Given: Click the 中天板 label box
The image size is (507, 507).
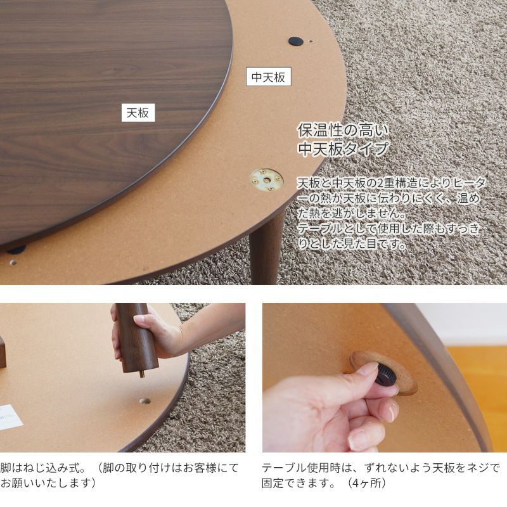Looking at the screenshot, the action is (x=268, y=77).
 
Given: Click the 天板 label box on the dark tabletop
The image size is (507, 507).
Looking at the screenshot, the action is (x=138, y=113).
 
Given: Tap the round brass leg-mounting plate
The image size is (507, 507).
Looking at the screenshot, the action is (x=267, y=179).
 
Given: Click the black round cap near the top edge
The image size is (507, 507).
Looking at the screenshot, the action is (x=295, y=41).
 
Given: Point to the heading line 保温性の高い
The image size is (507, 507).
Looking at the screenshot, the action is (x=343, y=131).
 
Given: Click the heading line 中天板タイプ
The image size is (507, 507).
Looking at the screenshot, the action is (x=343, y=149).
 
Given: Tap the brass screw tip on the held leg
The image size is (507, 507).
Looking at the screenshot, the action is (x=141, y=375).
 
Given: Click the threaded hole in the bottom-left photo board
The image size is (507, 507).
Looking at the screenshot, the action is (x=145, y=401).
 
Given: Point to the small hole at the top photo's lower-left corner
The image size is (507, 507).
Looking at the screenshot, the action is (x=13, y=262).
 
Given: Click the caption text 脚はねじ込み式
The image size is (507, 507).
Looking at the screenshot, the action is (x=42, y=468).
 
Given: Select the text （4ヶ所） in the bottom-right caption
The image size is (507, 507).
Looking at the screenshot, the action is (x=366, y=484).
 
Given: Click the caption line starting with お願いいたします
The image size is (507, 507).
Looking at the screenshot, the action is (x=49, y=484).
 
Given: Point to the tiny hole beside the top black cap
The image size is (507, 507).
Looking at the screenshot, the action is (x=311, y=41).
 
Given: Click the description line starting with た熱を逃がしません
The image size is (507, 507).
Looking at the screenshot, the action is (x=352, y=213).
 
